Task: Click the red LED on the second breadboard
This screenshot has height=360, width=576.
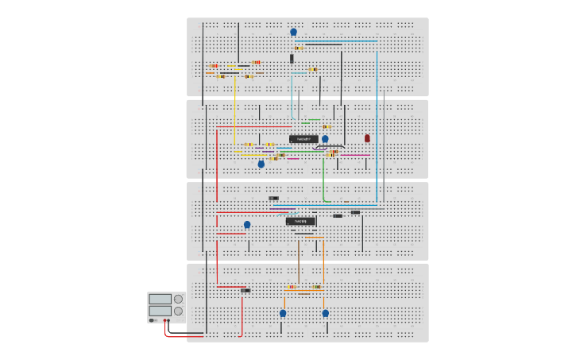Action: click(x=367, y=138)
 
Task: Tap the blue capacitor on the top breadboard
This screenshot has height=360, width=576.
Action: click(x=293, y=33)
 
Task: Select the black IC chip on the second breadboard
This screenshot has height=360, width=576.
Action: click(x=303, y=139)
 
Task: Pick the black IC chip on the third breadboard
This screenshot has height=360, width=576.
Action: click(x=300, y=221)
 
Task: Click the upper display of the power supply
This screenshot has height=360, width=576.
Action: click(x=160, y=300)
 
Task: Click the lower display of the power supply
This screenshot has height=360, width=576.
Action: click(x=160, y=311)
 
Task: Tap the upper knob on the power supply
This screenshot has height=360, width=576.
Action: click(x=178, y=300)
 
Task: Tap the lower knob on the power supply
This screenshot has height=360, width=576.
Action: click(x=178, y=311)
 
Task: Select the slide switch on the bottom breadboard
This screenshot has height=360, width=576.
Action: click(x=245, y=290)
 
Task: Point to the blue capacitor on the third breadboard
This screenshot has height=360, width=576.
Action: click(x=247, y=225)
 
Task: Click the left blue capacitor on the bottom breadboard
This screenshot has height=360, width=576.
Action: click(x=283, y=313)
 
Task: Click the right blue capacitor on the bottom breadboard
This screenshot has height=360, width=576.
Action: click(x=325, y=313)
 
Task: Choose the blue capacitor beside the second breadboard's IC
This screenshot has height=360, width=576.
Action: click(x=325, y=139)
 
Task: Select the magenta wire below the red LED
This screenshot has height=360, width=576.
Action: click(x=355, y=154)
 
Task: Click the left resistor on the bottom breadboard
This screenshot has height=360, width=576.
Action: click(x=292, y=287)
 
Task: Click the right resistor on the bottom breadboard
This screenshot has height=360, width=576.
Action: click(x=316, y=287)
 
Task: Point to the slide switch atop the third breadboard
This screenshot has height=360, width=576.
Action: click(x=273, y=198)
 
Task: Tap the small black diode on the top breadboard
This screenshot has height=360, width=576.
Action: click(x=292, y=58)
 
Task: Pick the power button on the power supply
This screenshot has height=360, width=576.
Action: click(x=152, y=320)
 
